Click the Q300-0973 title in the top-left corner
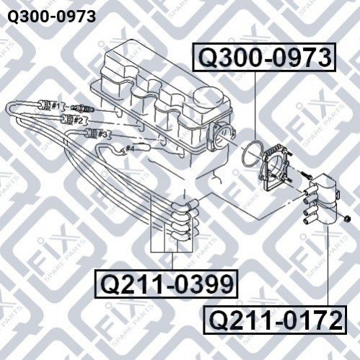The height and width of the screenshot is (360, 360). [51, 17]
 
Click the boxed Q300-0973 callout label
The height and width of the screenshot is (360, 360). [264, 57]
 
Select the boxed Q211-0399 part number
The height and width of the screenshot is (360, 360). [167, 284]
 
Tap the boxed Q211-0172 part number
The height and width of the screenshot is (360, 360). [275, 320]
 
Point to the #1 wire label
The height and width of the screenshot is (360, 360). [56, 105]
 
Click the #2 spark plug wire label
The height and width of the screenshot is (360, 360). [78, 120]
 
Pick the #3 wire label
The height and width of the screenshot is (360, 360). [102, 134]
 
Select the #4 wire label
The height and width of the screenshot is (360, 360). [130, 149]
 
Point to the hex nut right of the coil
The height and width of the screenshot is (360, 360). [346, 219]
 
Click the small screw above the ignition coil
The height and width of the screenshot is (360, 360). [305, 175]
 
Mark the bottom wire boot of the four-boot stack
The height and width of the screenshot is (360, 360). [184, 235]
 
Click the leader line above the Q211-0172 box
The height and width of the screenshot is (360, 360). [328, 265]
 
